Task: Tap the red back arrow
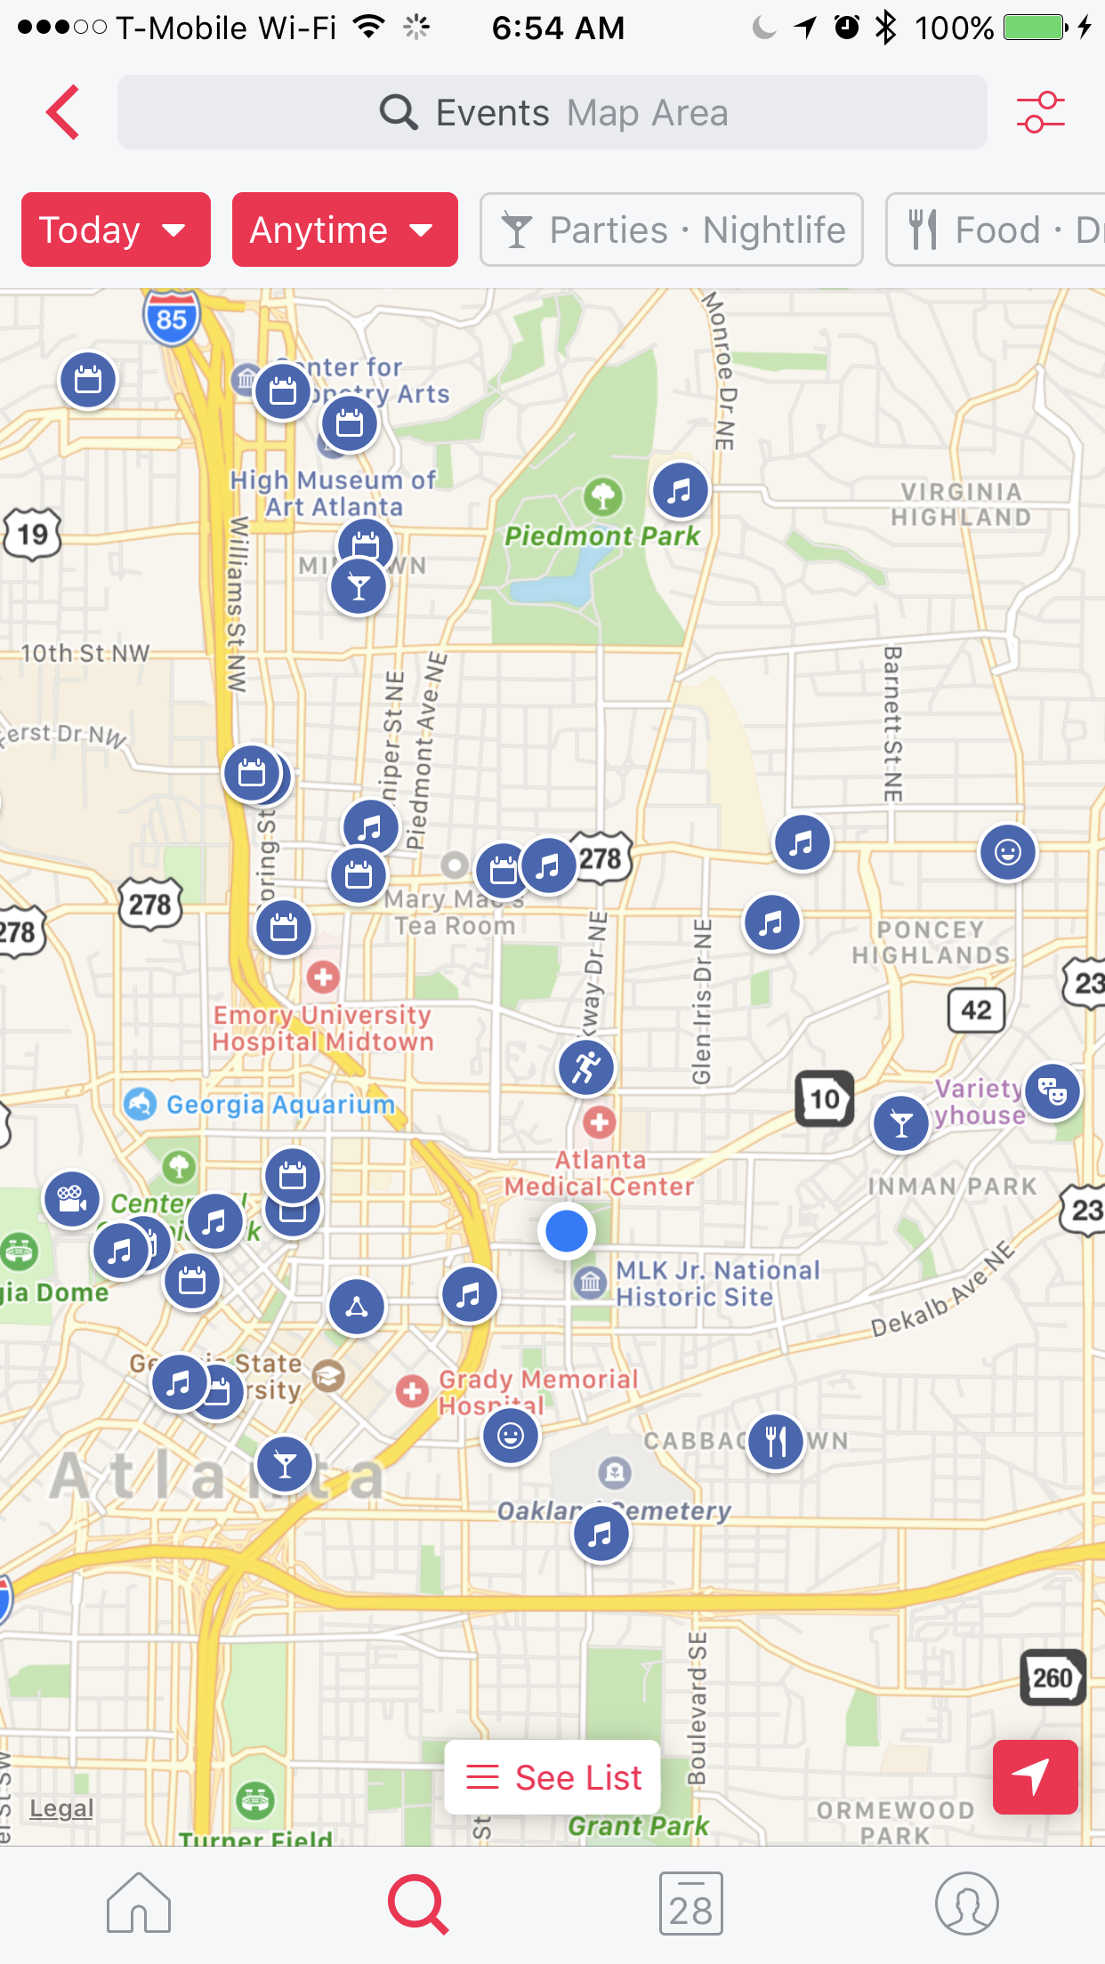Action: (63, 113)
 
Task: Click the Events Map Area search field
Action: (552, 113)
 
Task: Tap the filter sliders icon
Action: (1040, 113)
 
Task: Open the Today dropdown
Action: (116, 230)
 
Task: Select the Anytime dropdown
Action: (344, 230)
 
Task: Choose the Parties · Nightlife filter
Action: (672, 230)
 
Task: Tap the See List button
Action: (552, 1777)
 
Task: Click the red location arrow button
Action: (1035, 1776)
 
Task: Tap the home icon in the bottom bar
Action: (139, 1904)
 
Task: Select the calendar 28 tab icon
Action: (690, 1904)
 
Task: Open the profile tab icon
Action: (966, 1904)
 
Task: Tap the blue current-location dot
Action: (567, 1230)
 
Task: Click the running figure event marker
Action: (586, 1067)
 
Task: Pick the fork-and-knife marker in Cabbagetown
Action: (776, 1442)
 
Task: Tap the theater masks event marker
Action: (1053, 1091)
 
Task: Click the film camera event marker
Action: (71, 1199)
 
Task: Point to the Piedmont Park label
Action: (602, 536)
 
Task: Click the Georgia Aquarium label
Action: (280, 1105)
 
